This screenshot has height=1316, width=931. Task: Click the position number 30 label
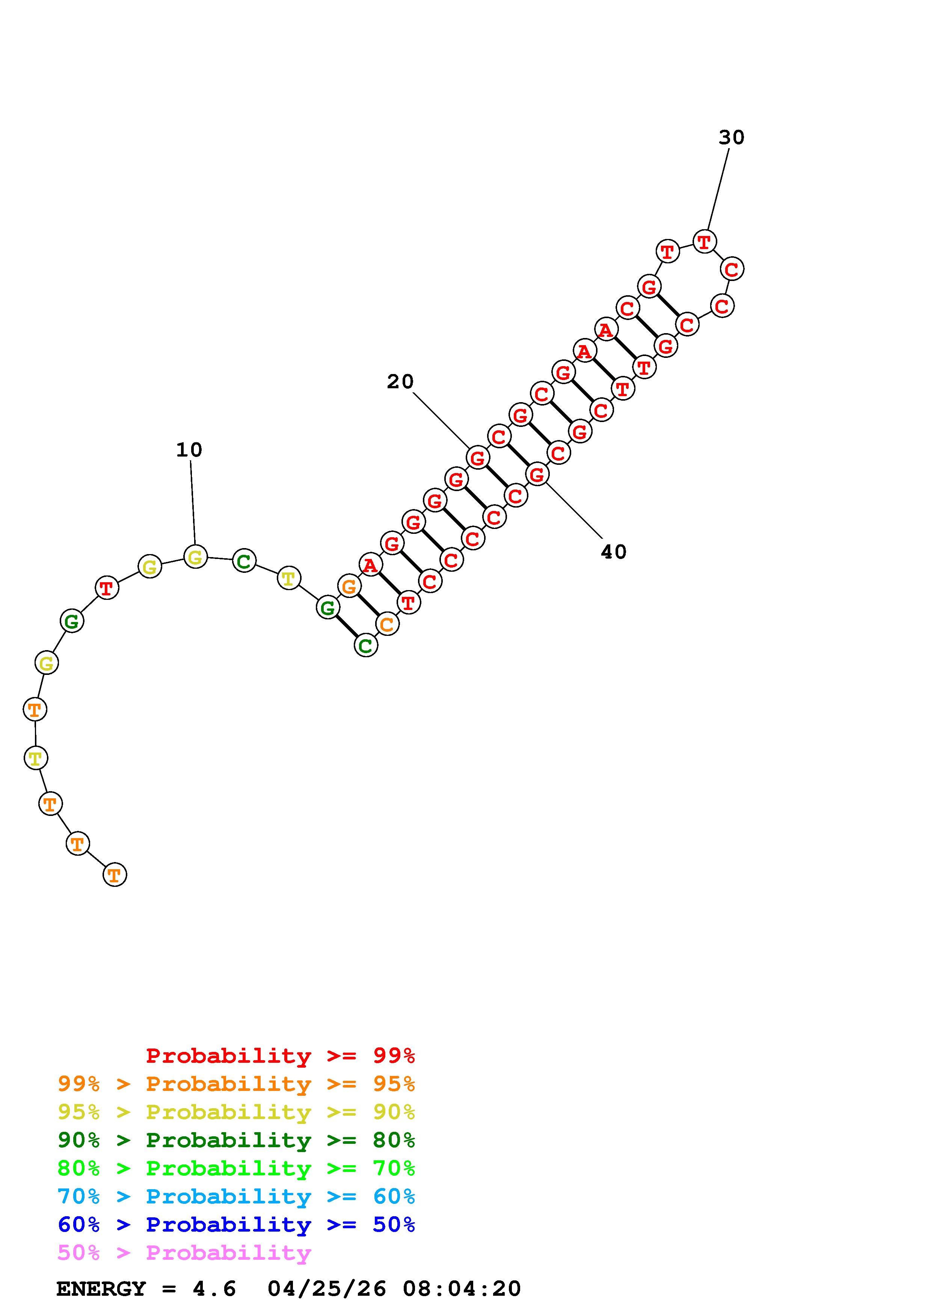point(731,138)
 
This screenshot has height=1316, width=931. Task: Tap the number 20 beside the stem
point(400,382)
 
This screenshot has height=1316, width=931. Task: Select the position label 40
point(614,552)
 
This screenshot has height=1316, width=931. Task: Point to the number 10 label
point(189,450)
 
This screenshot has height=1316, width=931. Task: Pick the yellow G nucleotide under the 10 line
point(195,557)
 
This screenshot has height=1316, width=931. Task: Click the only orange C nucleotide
point(387,624)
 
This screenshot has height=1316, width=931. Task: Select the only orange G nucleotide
point(349,586)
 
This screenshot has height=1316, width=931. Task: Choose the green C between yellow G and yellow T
point(244,560)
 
